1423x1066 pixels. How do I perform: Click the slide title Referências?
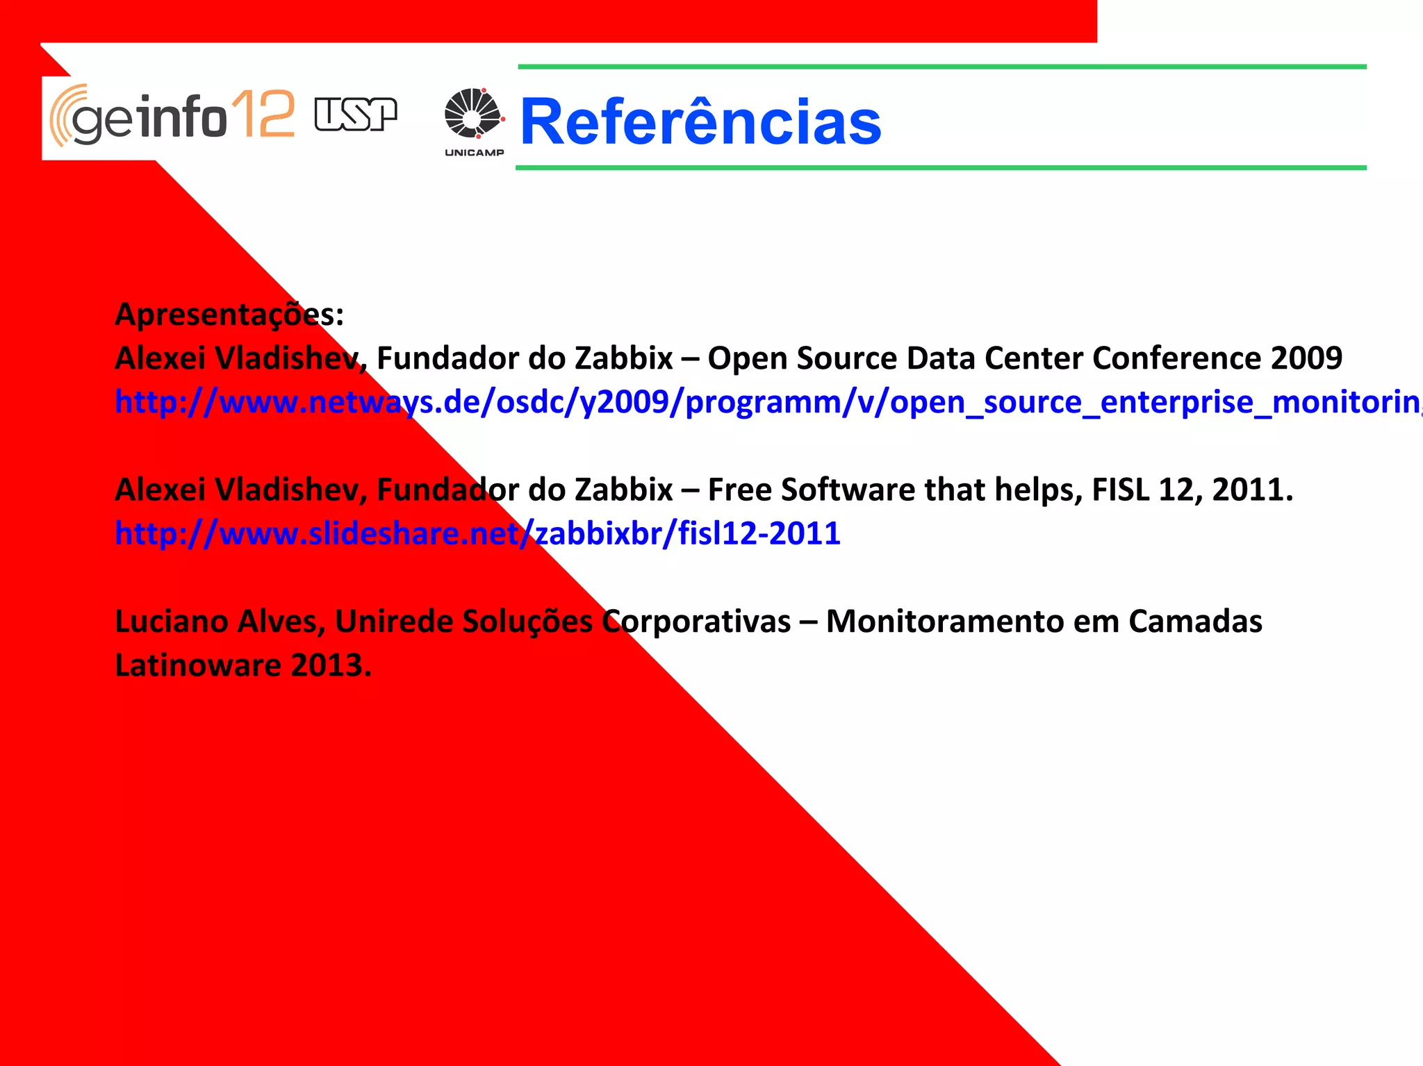tap(700, 122)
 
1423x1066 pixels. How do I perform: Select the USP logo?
tap(355, 115)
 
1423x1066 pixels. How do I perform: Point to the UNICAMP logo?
tap(474, 122)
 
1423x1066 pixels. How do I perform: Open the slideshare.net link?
tap(477, 533)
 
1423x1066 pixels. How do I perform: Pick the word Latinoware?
tap(197, 665)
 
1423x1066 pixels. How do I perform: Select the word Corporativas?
tap(696, 621)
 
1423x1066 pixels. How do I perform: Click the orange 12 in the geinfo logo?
tap(263, 115)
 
